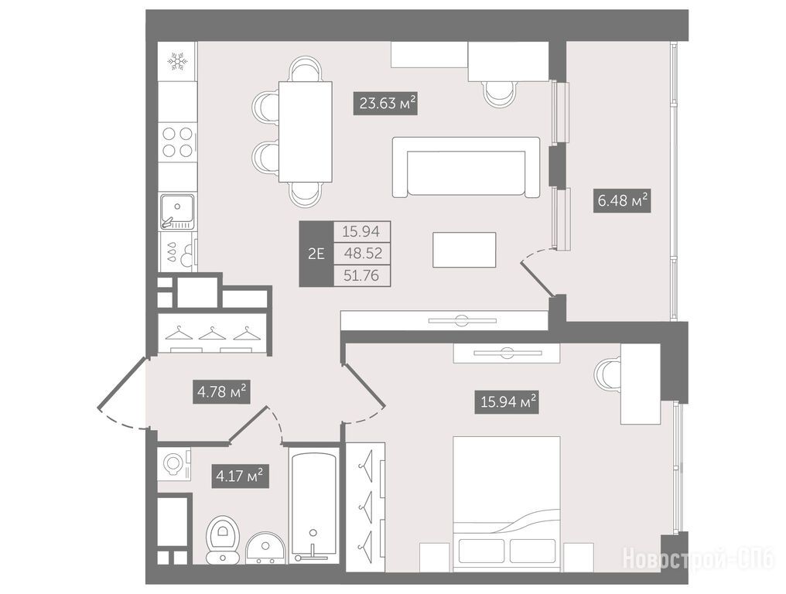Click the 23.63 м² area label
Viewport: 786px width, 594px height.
pyautogui.click(x=385, y=104)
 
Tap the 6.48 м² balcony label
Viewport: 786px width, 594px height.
pyautogui.click(x=622, y=201)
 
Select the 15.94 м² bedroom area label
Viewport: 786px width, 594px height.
pyautogui.click(x=506, y=402)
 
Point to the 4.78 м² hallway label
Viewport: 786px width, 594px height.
pyautogui.click(x=221, y=391)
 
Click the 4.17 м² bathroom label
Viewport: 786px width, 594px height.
pyautogui.click(x=240, y=476)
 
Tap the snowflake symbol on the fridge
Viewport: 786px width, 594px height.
pyautogui.click(x=177, y=60)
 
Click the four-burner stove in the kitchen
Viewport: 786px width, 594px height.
pyautogui.click(x=178, y=142)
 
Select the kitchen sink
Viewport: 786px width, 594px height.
pyautogui.click(x=177, y=211)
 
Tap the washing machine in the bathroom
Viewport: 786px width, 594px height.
pyautogui.click(x=174, y=463)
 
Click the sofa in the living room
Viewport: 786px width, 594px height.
pyautogui.click(x=466, y=167)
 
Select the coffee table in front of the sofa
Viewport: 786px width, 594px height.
pyautogui.click(x=465, y=250)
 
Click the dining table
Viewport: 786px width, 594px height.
pyautogui.click(x=306, y=132)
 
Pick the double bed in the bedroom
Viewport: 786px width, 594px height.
pyautogui.click(x=506, y=504)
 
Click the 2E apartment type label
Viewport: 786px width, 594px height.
pyautogui.click(x=316, y=254)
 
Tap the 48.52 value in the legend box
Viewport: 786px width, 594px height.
pyautogui.click(x=363, y=253)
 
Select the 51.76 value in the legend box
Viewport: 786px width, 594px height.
pyautogui.click(x=361, y=275)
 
